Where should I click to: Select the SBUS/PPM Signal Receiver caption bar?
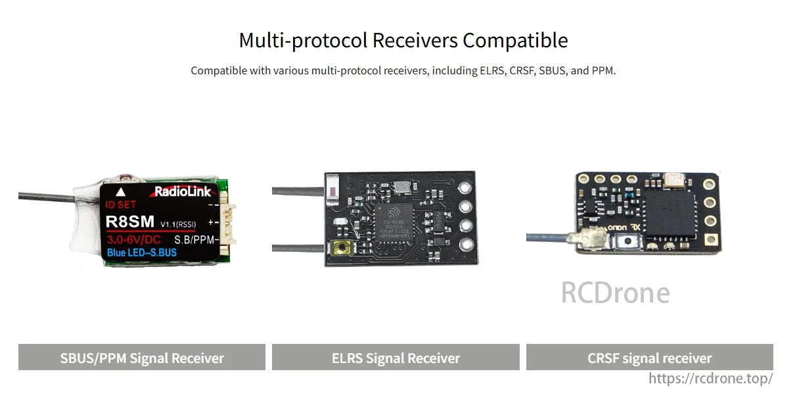click(142, 358)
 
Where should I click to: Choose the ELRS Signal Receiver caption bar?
click(396, 358)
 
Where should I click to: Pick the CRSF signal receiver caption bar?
click(649, 358)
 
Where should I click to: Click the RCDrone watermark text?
click(615, 293)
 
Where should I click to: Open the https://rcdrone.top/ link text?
click(710, 378)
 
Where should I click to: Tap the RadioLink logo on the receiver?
click(183, 192)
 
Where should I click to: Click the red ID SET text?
click(122, 204)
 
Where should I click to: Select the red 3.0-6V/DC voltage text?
click(133, 239)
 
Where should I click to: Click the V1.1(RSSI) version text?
click(178, 224)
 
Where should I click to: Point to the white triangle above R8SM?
click(120, 192)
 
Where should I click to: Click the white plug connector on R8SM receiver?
click(225, 224)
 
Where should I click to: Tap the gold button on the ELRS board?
click(341, 249)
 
